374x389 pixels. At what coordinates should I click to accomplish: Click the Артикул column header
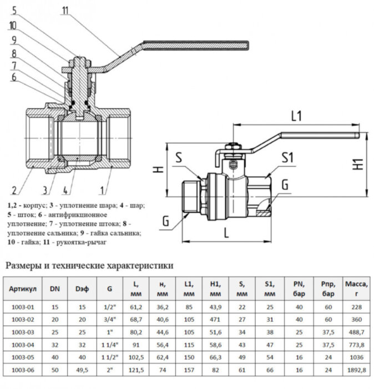pos(23,289)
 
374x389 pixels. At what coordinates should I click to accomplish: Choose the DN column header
pos(55,289)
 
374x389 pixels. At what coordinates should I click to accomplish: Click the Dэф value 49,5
pos(82,369)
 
